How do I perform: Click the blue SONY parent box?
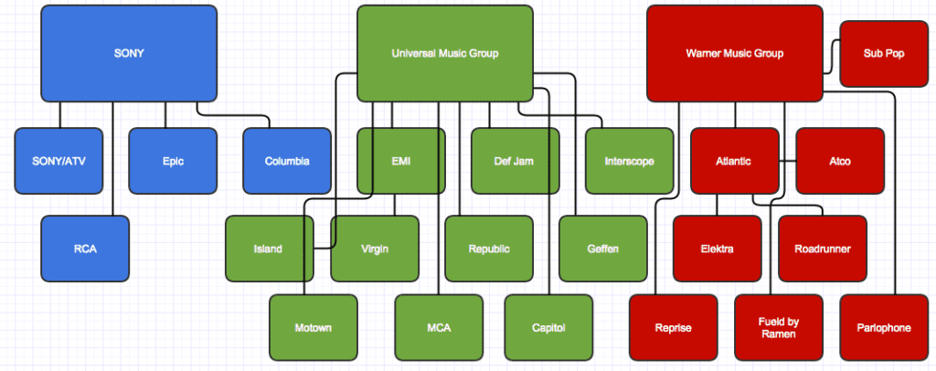coord(128,54)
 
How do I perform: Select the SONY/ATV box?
coord(58,162)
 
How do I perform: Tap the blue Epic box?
coord(172,162)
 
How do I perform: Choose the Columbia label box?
coord(287,162)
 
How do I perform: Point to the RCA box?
coord(84,249)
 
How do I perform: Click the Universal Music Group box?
coord(444,54)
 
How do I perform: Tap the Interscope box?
coord(629,161)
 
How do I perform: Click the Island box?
coord(269,249)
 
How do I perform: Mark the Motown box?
coord(314,327)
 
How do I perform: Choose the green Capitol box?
coord(548,327)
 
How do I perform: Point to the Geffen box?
coord(603,249)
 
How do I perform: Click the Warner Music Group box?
coord(735,54)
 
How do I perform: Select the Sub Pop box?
coord(883,54)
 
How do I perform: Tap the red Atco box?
coord(839,161)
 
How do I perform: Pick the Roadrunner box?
coord(823,249)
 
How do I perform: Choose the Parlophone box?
coord(883,327)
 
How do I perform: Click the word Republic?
coord(489,249)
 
